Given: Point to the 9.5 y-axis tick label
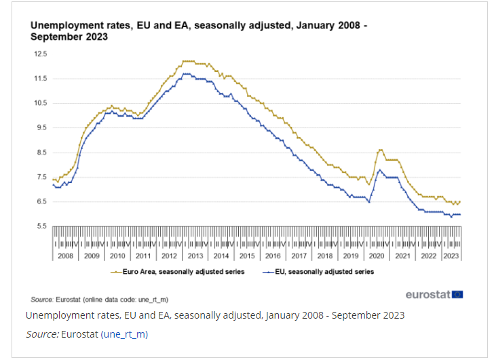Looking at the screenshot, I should [x=41, y=127].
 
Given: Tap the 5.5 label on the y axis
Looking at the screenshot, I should [x=41, y=226].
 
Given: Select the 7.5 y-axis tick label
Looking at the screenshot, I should [x=41, y=177].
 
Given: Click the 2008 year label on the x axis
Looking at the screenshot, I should [x=65, y=256].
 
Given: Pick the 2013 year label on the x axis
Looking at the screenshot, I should [x=195, y=256].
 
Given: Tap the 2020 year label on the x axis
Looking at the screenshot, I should [x=377, y=256].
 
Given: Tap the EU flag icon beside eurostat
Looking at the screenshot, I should [x=458, y=294].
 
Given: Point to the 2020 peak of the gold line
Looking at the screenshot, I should [x=381, y=150].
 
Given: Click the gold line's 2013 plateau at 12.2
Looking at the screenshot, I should [x=189, y=61].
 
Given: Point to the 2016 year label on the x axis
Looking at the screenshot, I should [x=273, y=256].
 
